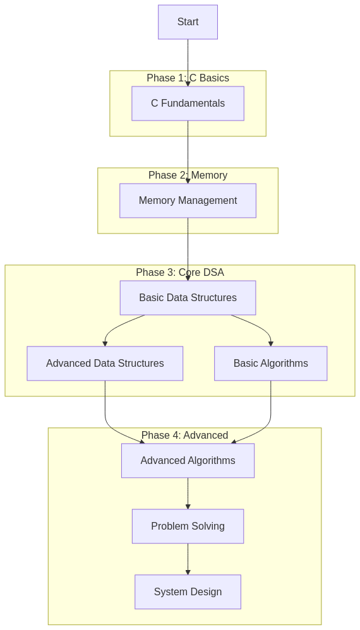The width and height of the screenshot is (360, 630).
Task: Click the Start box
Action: (188, 22)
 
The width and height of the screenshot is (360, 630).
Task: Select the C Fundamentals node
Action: (188, 104)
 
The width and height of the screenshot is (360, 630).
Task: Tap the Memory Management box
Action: (188, 201)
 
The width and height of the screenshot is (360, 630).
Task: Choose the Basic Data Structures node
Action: (188, 298)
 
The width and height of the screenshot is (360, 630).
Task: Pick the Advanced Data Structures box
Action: (105, 363)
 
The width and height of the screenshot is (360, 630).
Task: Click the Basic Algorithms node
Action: (270, 363)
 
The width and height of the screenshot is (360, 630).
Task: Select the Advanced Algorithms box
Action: (188, 460)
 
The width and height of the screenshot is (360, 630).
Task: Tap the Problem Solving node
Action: (188, 526)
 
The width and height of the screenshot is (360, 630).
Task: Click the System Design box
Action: (188, 592)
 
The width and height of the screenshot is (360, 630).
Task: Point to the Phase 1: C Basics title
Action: (188, 78)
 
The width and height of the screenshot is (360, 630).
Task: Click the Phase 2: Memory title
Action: (188, 175)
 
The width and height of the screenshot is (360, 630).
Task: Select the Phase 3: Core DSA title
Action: (180, 273)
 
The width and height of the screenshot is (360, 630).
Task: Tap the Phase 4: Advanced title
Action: (185, 435)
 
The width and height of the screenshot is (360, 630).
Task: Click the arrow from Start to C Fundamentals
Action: (188, 62)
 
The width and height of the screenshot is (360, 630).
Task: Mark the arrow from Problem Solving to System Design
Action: (188, 559)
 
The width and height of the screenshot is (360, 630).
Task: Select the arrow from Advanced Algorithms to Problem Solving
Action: (188, 494)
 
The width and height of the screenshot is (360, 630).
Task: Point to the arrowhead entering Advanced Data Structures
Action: (105, 344)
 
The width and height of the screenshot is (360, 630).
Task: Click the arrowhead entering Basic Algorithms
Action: (271, 344)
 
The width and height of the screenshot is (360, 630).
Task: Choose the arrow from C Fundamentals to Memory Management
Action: (188, 152)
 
